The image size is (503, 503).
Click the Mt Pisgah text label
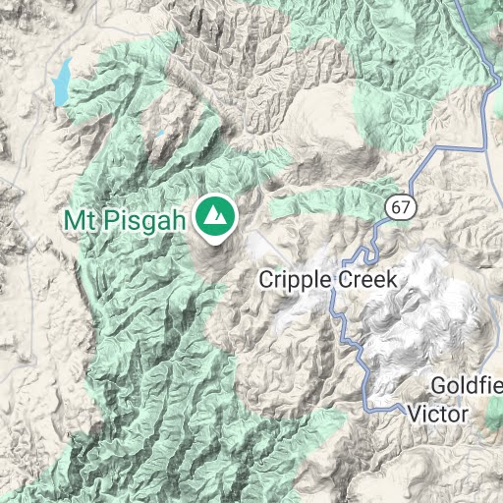125,219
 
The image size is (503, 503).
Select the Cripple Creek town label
327,279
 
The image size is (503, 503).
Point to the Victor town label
437,415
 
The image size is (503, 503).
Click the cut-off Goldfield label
466,384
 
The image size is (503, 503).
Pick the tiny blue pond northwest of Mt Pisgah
159,132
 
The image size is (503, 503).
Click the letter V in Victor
414,415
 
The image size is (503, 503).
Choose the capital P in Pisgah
104,219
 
